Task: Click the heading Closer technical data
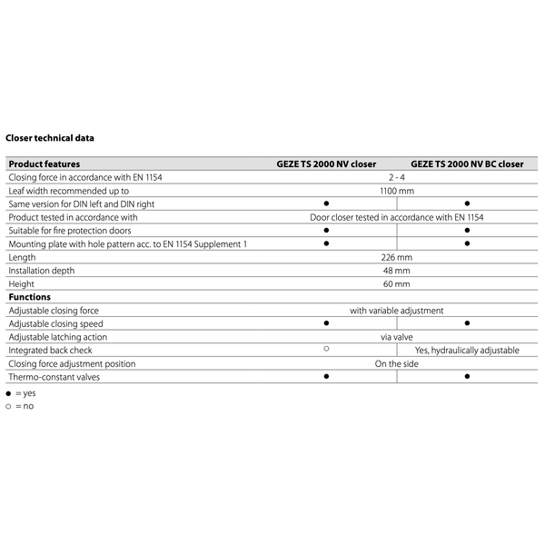coord(50,138)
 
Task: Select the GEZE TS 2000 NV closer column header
coord(326,164)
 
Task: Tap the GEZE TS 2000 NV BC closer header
coord(467,164)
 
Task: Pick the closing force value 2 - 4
coord(396,178)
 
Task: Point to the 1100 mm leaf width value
coord(396,192)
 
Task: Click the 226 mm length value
coord(396,258)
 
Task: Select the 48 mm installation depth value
coord(396,272)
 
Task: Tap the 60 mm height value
coord(396,284)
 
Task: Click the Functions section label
coord(30,298)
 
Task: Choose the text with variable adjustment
coord(397,311)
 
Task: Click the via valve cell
coord(397,337)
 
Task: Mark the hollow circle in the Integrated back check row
coord(326,349)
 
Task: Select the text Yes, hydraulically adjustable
coord(467,351)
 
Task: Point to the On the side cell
coord(396,363)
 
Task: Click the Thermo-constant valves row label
coord(54,377)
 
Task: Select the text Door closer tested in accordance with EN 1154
coord(396,218)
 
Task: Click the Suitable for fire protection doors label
coord(70,231)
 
